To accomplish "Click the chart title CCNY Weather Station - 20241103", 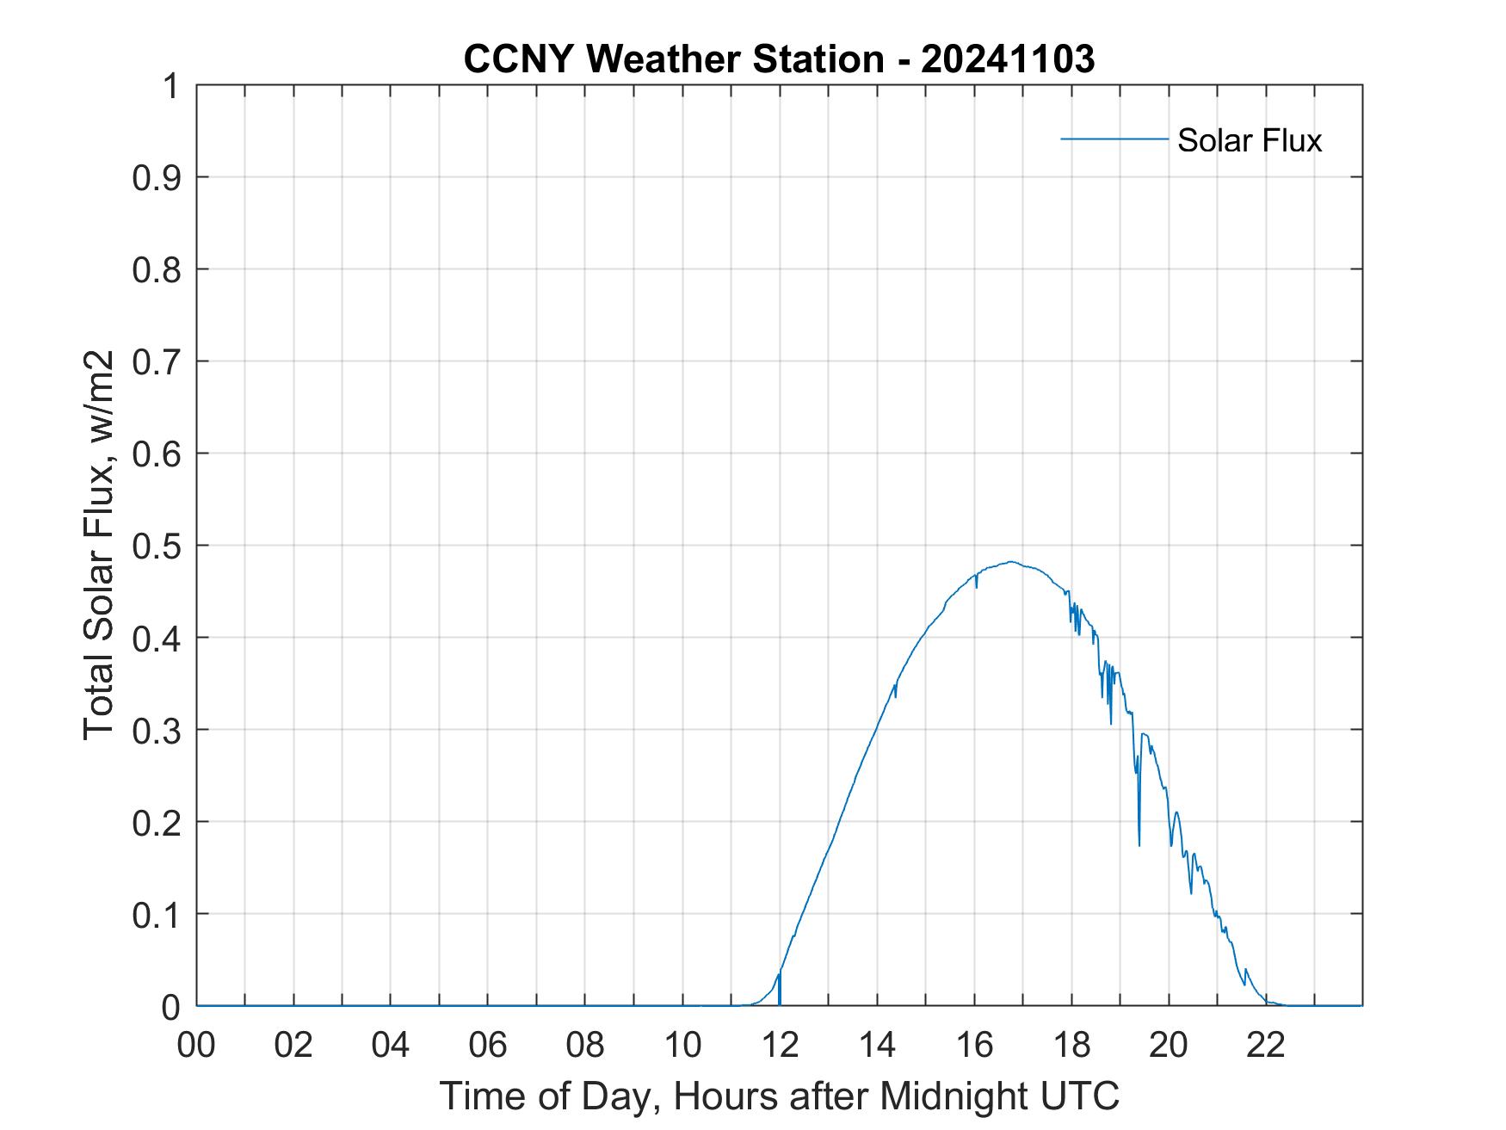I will point(778,59).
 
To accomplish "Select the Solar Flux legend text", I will point(1249,140).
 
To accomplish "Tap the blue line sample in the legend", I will point(1114,139).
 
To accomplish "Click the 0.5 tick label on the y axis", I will point(157,546).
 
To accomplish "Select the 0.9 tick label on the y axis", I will point(157,177).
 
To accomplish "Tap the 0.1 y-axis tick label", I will point(157,914).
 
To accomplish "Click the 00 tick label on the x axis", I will point(196,1045).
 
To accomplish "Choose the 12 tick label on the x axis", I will point(780,1045).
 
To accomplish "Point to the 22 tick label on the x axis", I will point(1266,1045).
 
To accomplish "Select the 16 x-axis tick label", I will point(974,1045).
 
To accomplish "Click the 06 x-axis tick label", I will point(488,1045).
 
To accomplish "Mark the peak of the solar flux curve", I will point(1012,562).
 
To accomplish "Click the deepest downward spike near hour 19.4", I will point(1139,843).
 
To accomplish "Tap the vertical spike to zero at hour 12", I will point(780,990).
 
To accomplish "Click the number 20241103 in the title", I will point(1008,59).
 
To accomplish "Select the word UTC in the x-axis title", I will point(1081,1096).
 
